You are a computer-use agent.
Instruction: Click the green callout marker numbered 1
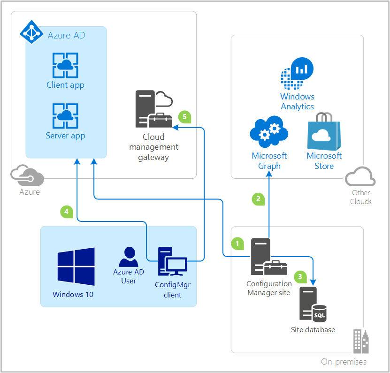[237, 243]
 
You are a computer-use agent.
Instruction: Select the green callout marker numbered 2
[258, 199]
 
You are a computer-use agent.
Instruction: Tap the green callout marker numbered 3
[300, 277]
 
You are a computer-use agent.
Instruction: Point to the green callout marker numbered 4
[67, 212]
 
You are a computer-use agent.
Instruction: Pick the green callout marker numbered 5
[185, 116]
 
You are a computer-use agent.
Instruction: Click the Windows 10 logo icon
[76, 266]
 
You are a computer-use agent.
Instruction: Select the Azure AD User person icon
[128, 257]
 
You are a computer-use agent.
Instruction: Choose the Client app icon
[65, 66]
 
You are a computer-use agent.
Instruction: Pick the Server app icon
[65, 116]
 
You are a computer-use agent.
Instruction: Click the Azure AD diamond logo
[31, 32]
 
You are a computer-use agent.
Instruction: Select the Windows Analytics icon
[297, 74]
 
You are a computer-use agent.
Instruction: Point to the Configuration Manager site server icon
[265, 257]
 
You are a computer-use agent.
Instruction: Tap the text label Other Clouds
[361, 197]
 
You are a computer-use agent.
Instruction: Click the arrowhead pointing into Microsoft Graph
[269, 174]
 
